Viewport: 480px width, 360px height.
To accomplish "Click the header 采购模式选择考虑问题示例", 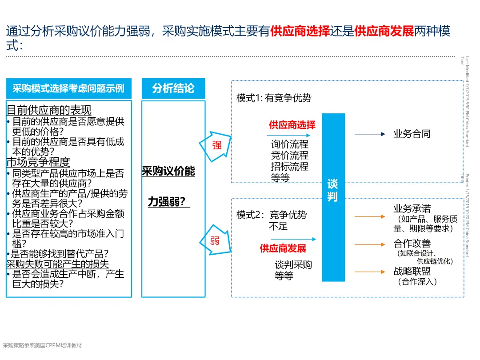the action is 68,88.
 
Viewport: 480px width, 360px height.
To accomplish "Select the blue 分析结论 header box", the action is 173,88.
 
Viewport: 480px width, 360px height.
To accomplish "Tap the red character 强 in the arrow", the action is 217,145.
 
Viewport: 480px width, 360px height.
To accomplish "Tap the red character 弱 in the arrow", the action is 215,241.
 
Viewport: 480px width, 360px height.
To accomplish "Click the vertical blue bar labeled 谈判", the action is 333,197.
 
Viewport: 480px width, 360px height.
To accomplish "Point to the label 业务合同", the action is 412,134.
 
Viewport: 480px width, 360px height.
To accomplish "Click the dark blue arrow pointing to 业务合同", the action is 370,134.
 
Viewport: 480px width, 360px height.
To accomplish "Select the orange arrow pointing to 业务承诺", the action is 370,216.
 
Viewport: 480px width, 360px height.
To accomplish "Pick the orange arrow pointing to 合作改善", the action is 370,244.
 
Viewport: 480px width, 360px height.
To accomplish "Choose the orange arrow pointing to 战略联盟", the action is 370,272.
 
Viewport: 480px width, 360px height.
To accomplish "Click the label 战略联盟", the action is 412,271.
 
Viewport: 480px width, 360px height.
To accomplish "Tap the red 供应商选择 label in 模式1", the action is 292,125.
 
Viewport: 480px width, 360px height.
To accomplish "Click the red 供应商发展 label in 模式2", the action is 283,248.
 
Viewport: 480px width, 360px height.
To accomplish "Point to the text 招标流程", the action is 290,167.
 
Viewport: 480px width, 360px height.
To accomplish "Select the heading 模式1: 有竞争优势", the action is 274,98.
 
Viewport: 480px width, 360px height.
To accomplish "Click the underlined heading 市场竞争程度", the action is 38,162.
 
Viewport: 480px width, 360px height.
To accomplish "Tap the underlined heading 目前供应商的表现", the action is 49,110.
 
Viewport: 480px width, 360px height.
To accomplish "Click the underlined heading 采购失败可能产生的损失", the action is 58,264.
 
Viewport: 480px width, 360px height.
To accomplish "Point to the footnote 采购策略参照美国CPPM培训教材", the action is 43,345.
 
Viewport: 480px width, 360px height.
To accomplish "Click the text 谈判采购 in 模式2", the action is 293,264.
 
